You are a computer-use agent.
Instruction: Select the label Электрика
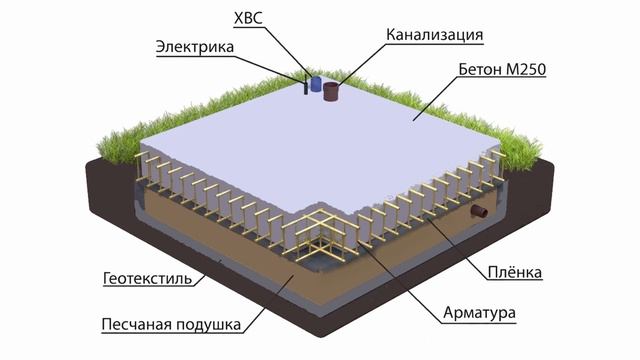pyautogui.click(x=196, y=46)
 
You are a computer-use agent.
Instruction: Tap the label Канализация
pyautogui.click(x=435, y=35)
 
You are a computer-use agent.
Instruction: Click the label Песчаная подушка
pyautogui.click(x=168, y=325)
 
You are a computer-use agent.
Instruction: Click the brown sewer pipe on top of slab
pyautogui.click(x=332, y=93)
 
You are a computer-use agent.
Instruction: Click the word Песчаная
pyautogui.click(x=135, y=325)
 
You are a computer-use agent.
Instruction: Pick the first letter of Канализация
pyautogui.click(x=393, y=35)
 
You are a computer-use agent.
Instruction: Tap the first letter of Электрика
pyautogui.click(x=162, y=46)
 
